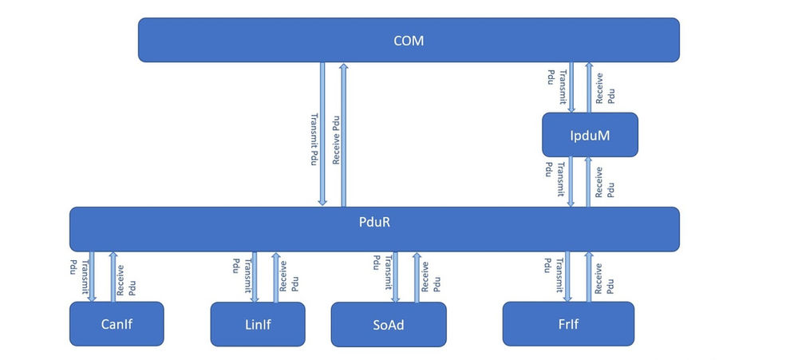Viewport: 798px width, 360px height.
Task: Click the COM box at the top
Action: point(409,40)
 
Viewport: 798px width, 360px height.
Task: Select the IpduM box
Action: point(590,134)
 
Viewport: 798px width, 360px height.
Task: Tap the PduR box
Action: point(374,229)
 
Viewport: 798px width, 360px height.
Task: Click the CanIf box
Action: point(117,323)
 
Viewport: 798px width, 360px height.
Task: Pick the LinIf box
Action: point(257,323)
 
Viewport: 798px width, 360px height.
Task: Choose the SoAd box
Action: point(388,324)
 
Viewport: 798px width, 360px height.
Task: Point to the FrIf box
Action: point(568,323)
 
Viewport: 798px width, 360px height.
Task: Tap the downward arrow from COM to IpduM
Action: point(571,87)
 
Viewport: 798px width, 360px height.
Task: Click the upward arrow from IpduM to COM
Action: point(589,87)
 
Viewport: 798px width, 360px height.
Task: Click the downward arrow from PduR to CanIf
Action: point(93,276)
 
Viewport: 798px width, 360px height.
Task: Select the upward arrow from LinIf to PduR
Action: point(276,277)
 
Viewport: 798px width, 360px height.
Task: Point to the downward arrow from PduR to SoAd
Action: point(394,276)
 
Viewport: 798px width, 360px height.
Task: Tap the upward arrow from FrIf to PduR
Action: point(589,276)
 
